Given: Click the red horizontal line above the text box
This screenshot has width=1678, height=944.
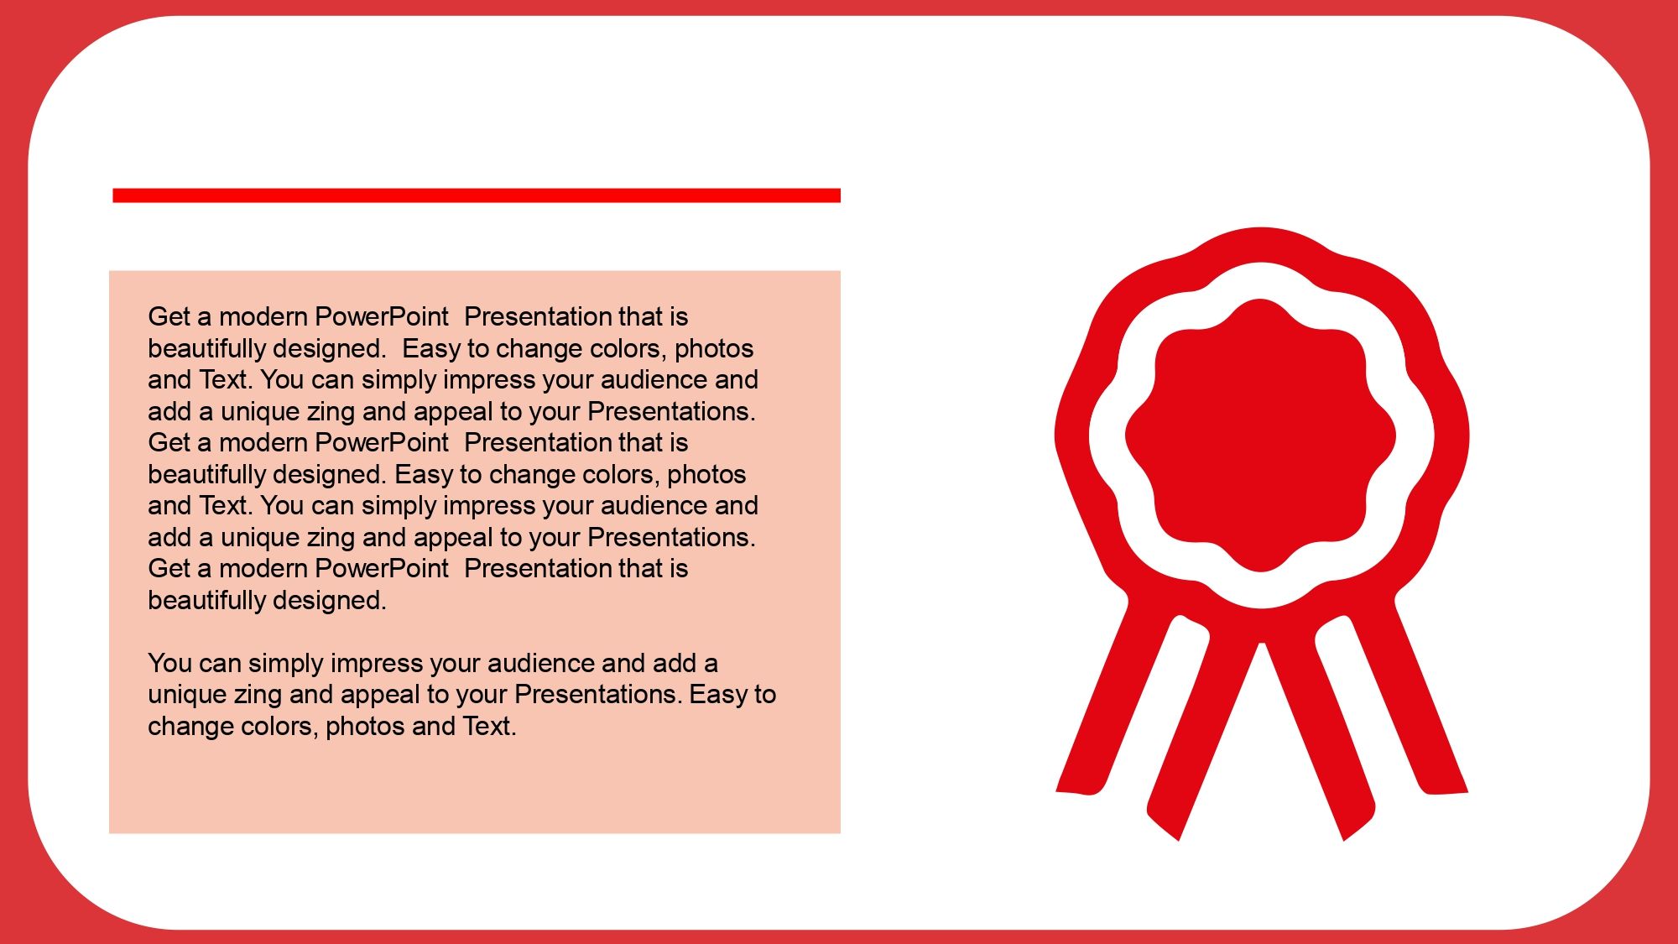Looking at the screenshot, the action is click(477, 196).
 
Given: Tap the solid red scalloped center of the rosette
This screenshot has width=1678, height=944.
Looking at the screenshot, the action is click(1260, 435).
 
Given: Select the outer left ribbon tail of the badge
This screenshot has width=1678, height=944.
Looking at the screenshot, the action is click(1107, 696).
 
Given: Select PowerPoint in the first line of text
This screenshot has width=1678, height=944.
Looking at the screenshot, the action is click(382, 316).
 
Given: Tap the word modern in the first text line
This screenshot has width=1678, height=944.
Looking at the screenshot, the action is click(263, 316).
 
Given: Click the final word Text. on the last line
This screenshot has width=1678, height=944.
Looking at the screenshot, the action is click(489, 726).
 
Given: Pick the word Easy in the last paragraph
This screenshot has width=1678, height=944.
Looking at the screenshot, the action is click(718, 694).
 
